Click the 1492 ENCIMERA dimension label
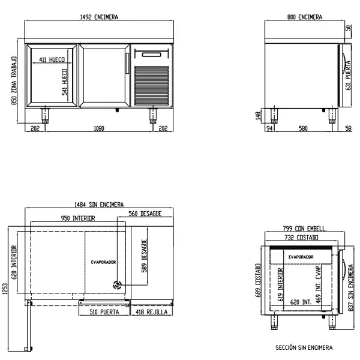click(x=99, y=17)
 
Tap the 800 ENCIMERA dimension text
click(x=305, y=17)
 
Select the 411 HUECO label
click(x=52, y=59)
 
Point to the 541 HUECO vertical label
click(x=65, y=82)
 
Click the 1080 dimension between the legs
click(x=99, y=128)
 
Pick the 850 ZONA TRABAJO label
click(x=14, y=80)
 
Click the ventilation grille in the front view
click(x=152, y=86)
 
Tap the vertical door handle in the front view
click(x=127, y=64)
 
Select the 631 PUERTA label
click(x=348, y=76)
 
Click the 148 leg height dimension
click(x=258, y=116)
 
